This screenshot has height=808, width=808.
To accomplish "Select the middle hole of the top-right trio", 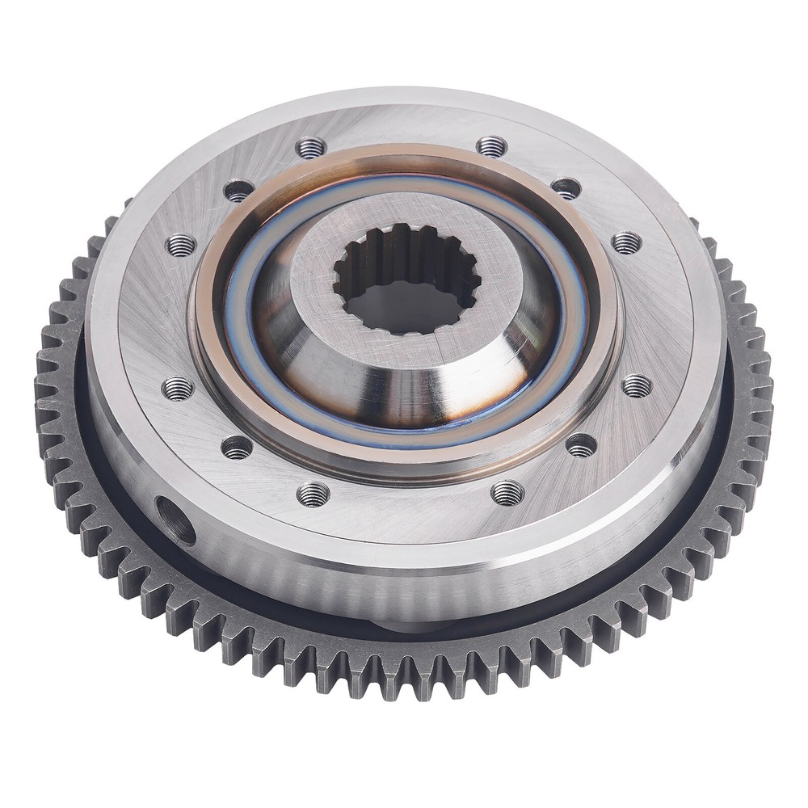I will (x=566, y=188).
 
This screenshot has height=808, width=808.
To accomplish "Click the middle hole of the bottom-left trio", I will (x=237, y=447).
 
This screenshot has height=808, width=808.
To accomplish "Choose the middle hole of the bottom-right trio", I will (x=581, y=444).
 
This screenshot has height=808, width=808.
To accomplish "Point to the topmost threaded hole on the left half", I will (x=311, y=148).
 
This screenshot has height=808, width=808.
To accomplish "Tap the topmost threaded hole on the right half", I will (x=491, y=146).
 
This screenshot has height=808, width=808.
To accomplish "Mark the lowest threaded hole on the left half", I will (x=313, y=494).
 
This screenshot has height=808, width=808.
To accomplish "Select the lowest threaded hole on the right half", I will (x=507, y=491).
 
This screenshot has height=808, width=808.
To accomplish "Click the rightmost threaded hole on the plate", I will (x=637, y=385).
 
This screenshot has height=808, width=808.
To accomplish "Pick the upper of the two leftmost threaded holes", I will (x=180, y=245).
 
